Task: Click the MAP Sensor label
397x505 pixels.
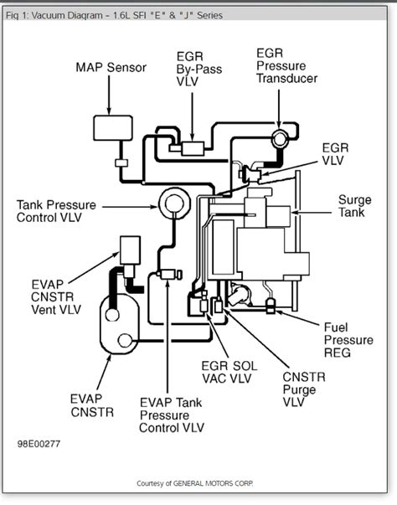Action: [x=111, y=68]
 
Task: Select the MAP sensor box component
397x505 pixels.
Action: [x=113, y=128]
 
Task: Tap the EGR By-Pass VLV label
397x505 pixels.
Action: [x=199, y=69]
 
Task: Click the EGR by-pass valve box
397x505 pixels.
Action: [x=193, y=148]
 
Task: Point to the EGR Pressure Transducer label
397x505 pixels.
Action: [x=286, y=65]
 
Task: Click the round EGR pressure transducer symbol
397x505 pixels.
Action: [x=279, y=138]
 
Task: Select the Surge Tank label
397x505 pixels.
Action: [x=354, y=206]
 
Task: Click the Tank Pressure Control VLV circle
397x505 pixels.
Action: [x=174, y=204]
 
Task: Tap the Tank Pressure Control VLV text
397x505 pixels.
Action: [x=56, y=211]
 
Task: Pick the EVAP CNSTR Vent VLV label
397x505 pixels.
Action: [x=56, y=297]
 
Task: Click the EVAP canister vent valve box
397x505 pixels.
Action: [x=130, y=250]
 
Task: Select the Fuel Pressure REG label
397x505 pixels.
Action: [x=348, y=340]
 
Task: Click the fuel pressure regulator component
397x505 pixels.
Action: [x=271, y=306]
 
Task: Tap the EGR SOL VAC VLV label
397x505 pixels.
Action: [x=229, y=373]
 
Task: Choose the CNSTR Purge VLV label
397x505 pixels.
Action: [x=304, y=389]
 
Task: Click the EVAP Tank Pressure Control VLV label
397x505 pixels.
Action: [x=172, y=415]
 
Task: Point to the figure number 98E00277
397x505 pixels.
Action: [x=39, y=444]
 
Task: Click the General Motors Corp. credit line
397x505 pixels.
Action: [x=195, y=483]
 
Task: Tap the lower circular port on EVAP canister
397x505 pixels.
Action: [x=125, y=340]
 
